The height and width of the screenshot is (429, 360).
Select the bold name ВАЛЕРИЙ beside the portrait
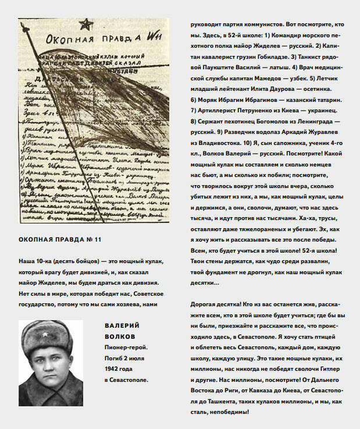coord(123,325)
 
